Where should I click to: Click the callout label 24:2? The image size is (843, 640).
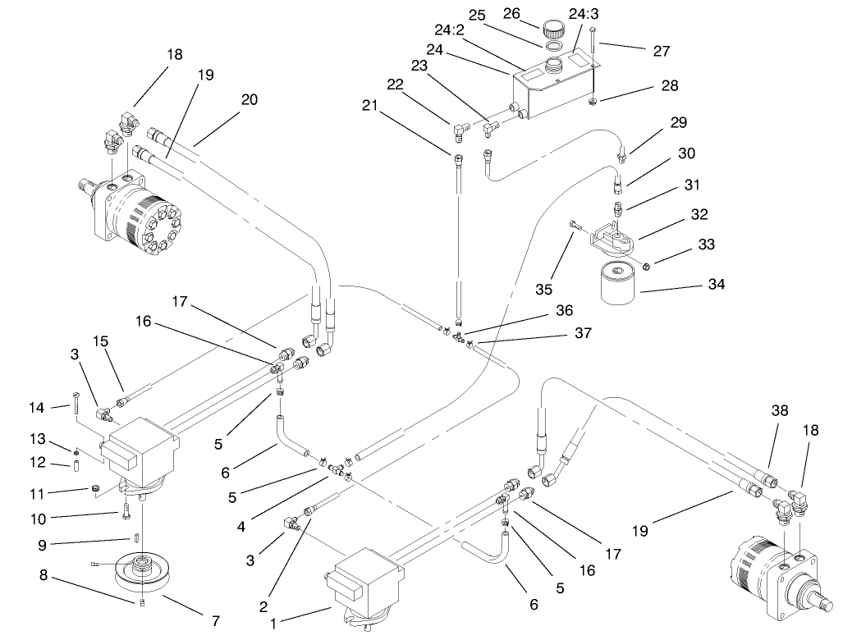click(x=450, y=30)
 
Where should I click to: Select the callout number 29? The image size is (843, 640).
click(x=677, y=122)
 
